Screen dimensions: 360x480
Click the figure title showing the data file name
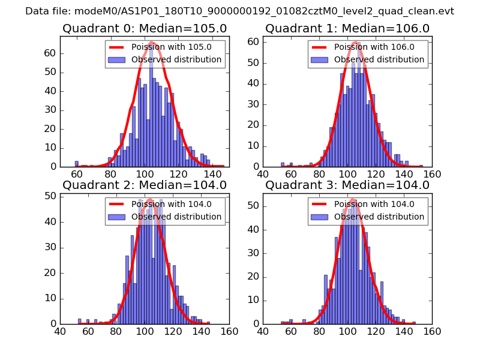tap(239, 11)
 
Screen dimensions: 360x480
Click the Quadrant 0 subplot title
tap(145, 29)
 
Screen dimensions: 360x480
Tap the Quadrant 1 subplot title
tap(347, 29)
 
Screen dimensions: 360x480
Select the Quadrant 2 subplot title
tap(145, 185)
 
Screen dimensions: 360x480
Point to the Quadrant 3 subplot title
tap(347, 185)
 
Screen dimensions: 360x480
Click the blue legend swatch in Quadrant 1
tap(319, 60)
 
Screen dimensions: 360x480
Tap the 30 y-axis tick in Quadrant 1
tap(254, 104)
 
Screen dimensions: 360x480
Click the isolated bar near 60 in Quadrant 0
tap(77, 163)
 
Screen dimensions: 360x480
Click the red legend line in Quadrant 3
tap(319, 205)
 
